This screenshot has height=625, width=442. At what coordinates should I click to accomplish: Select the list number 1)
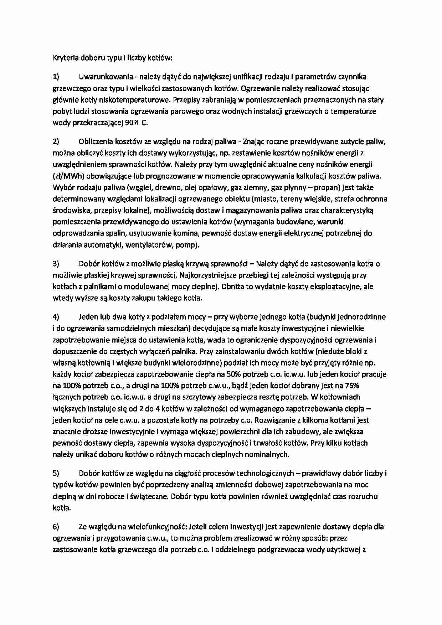click(56, 77)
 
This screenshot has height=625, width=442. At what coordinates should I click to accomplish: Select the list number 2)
click(56, 141)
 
